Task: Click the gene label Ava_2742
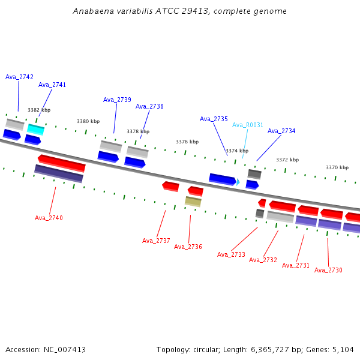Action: pyautogui.click(x=19, y=77)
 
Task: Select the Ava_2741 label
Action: pyautogui.click(x=52, y=85)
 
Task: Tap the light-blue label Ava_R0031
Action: pyautogui.click(x=247, y=125)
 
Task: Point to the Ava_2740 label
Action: pyautogui.click(x=49, y=218)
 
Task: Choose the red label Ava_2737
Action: pyautogui.click(x=156, y=241)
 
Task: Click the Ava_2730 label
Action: pyautogui.click(x=328, y=270)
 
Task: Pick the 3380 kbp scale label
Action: pyautogui.click(x=88, y=121)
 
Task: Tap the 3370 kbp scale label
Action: pyautogui.click(x=337, y=167)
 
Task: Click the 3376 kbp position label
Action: pyautogui.click(x=187, y=142)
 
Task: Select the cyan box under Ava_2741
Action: pyautogui.click(x=35, y=130)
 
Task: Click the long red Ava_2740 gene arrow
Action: pyautogui.click(x=62, y=163)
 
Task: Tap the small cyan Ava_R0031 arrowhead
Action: pyautogui.click(x=238, y=182)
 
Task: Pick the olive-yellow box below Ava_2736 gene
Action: pyautogui.click(x=193, y=202)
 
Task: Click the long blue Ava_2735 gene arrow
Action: pyautogui.click(x=223, y=179)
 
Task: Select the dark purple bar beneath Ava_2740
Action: pyautogui.click(x=59, y=173)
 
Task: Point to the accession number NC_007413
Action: pyautogui.click(x=65, y=350)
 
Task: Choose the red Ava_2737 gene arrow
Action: pyautogui.click(x=170, y=186)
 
